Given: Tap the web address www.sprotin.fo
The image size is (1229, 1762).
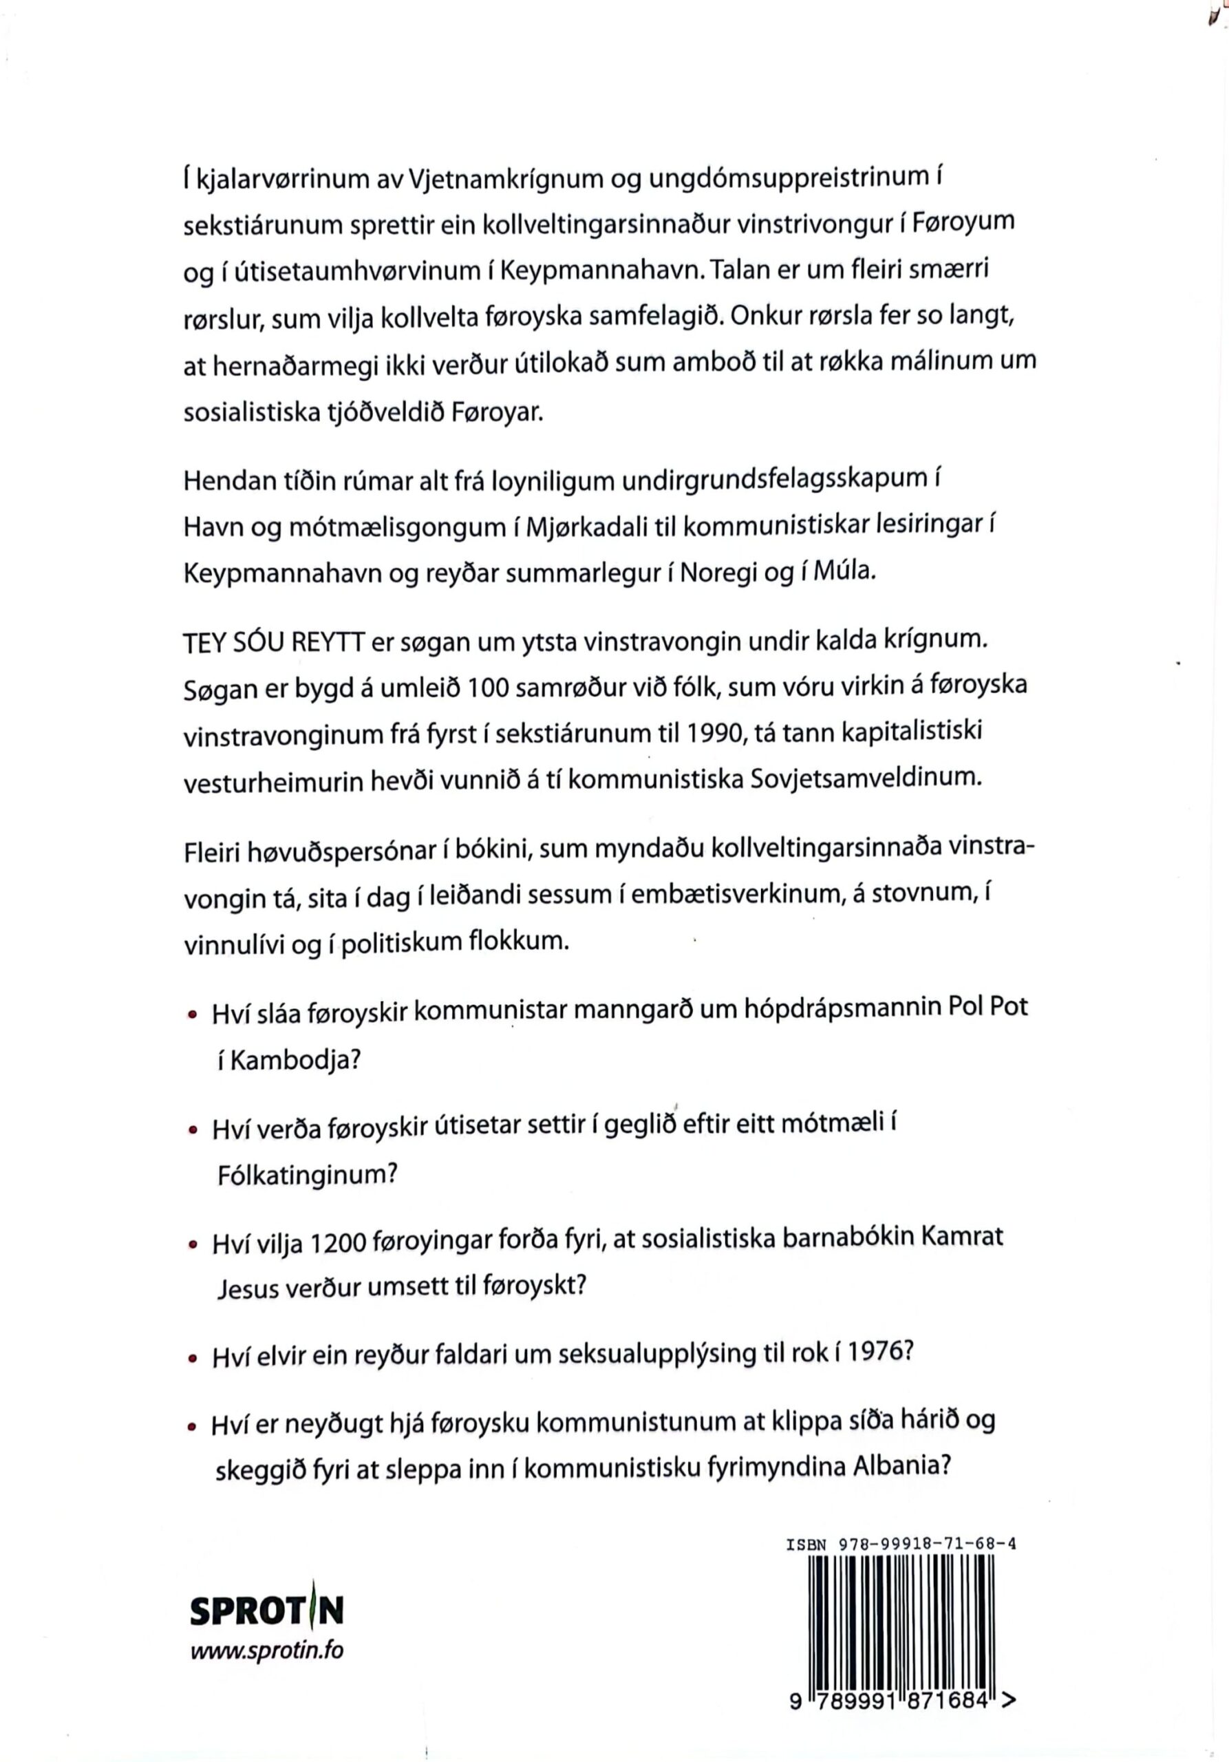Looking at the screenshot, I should click(266, 1650).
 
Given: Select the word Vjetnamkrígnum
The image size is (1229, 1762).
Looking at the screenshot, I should click(503, 179).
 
